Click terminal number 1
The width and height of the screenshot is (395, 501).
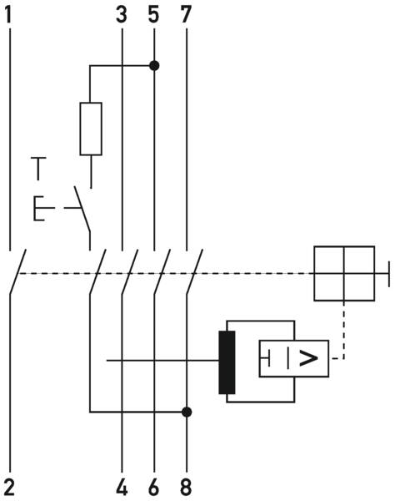coord(8,15)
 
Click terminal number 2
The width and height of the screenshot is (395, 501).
coord(9,488)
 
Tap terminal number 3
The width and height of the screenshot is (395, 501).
coord(122,15)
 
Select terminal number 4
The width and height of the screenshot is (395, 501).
coord(122,488)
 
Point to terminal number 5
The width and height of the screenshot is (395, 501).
coord(153,15)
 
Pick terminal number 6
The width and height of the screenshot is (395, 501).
coord(153,488)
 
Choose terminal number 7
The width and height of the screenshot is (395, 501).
coord(186,15)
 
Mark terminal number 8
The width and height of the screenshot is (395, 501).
coord(186,488)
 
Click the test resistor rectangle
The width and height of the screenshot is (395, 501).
coord(91,129)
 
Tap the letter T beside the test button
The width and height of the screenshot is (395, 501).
coord(38,169)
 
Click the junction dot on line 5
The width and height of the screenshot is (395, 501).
coord(154,66)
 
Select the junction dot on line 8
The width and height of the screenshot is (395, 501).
coord(187,412)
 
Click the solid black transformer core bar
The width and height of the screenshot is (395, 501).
coord(227,362)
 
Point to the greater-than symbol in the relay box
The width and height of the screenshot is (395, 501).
coord(308,358)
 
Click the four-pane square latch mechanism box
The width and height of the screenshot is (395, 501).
coord(344,274)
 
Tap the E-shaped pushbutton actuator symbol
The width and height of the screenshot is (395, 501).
coord(39,208)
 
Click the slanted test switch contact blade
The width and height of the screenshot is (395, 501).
coord(82,209)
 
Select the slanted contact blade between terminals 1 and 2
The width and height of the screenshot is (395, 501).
coord(17,271)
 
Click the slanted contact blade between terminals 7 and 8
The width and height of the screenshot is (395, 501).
coord(194,271)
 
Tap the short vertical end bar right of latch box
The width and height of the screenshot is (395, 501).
coord(389,274)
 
